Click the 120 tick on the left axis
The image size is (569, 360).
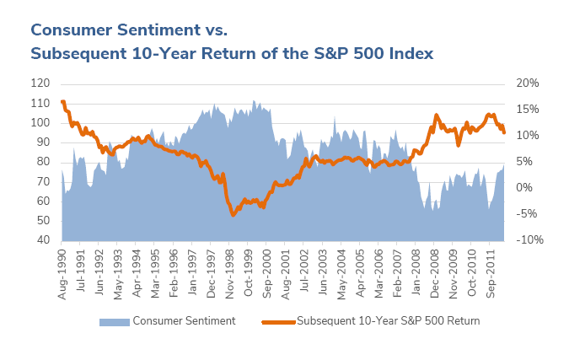[x=40, y=83]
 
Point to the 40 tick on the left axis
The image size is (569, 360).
[x=42, y=240]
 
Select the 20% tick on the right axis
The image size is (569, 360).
[x=527, y=83]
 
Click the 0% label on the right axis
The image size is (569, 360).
[x=523, y=188]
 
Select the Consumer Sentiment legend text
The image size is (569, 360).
[x=184, y=321]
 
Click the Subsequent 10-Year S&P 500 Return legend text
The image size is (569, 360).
[x=389, y=321]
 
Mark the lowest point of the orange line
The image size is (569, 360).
[x=234, y=215]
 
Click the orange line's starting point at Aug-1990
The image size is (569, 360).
[x=62, y=102]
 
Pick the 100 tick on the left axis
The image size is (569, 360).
[x=40, y=123]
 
